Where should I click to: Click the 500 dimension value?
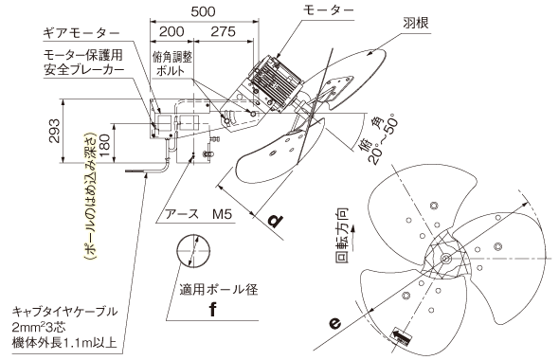coord(203,11)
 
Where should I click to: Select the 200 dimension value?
coord(171,31)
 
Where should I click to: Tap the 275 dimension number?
coord(224,31)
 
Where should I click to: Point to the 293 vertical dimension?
coord(55,131)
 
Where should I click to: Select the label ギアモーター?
coord(81,33)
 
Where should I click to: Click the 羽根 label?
coord(416,23)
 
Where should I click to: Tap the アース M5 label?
coord(198,214)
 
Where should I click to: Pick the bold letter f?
coord(213,309)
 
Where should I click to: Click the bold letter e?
coord(335,323)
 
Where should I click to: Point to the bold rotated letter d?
coord(276,221)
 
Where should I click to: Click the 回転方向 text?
coord(342,236)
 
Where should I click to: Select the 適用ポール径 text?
coord(219,290)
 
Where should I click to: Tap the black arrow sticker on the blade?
coord(402,335)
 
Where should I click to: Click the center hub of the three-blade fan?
coord(445,259)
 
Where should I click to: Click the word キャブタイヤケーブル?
coord(64,312)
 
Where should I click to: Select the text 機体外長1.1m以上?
coord(64,343)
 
